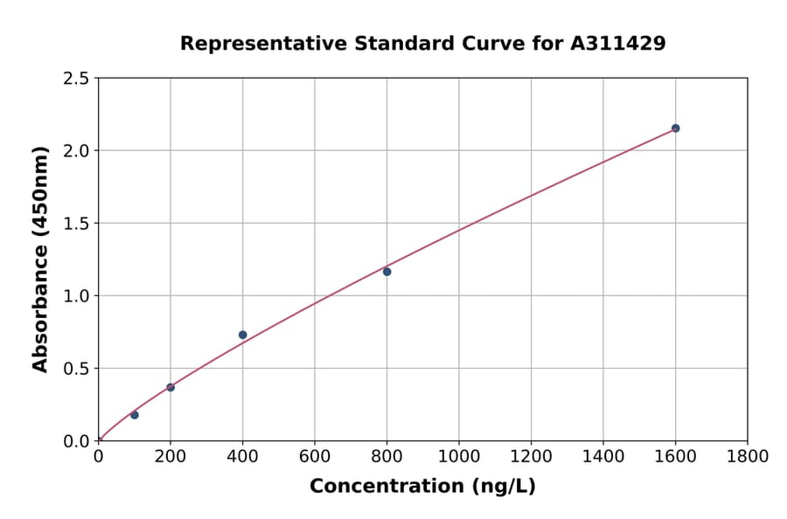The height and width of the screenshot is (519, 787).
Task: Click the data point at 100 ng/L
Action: pyautogui.click(x=135, y=415)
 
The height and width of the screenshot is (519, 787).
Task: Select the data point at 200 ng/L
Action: pyautogui.click(x=171, y=387)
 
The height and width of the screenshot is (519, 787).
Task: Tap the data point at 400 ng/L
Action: pyautogui.click(x=243, y=335)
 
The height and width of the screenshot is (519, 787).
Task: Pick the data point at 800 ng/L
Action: pyautogui.click(x=387, y=272)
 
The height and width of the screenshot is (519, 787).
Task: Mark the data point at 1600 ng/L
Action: pyautogui.click(x=675, y=128)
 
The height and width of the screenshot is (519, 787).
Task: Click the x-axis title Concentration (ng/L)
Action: pyautogui.click(x=422, y=487)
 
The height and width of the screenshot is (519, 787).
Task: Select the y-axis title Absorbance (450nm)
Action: pyautogui.click(x=40, y=259)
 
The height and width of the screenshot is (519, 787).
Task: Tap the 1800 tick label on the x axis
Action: pyautogui.click(x=748, y=456)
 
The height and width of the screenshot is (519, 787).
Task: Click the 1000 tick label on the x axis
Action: pyautogui.click(x=459, y=456)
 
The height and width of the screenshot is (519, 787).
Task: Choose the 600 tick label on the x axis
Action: pyautogui.click(x=315, y=456)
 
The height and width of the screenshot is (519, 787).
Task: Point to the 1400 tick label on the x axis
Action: pyautogui.click(x=603, y=456)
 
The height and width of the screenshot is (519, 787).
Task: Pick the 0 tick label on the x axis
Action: pyautogui.click(x=99, y=456)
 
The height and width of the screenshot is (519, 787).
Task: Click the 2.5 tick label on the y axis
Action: pyautogui.click(x=76, y=79)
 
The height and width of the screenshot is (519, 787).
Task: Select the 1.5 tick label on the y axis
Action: pyautogui.click(x=76, y=224)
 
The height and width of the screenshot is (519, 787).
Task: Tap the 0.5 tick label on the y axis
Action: pyautogui.click(x=76, y=368)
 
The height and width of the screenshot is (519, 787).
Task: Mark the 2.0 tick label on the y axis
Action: pyautogui.click(x=76, y=151)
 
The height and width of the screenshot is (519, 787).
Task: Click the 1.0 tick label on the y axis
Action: pyautogui.click(x=76, y=296)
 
